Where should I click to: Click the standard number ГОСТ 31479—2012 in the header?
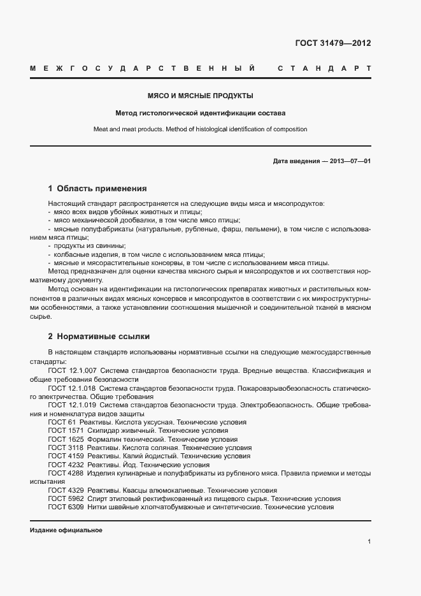tap(332, 43)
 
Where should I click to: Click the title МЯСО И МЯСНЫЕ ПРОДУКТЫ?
tap(200, 96)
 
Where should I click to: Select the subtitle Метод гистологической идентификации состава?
tap(200, 113)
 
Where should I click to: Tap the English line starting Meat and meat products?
tap(200, 129)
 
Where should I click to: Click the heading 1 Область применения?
tap(97, 189)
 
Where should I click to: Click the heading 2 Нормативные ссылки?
tap(99, 336)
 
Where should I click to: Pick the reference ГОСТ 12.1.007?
tap(72, 370)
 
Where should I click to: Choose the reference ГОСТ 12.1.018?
tap(72, 388)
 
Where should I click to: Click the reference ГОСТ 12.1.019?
tap(72, 405)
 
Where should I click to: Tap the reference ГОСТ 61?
tap(62, 422)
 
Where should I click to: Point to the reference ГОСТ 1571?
tap(64, 431)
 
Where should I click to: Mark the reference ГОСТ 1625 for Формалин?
tap(64, 439)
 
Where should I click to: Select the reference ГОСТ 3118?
tap(64, 448)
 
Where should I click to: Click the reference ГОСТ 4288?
tap(64, 474)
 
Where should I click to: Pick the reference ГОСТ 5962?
tap(64, 499)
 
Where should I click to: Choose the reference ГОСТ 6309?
tap(64, 507)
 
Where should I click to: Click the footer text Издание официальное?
tap(66, 530)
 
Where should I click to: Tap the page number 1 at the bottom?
tap(369, 541)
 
